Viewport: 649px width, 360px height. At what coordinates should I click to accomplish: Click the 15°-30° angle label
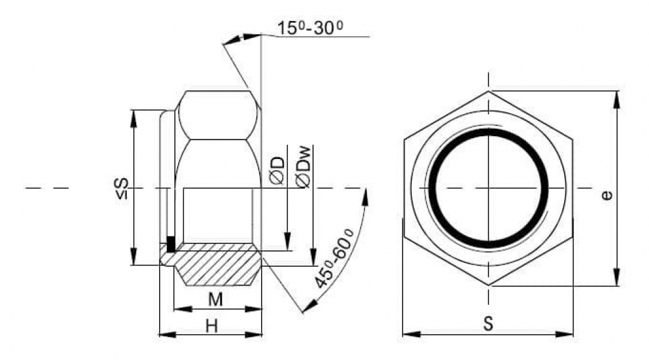point(309,28)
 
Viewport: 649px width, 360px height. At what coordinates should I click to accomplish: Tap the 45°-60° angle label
point(333,258)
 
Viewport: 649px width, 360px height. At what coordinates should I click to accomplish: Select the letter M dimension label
point(215,299)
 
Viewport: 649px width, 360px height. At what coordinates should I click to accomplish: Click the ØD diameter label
point(278,170)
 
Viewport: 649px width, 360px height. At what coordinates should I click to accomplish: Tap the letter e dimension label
point(607,195)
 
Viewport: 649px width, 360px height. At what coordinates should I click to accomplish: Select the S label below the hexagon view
point(489,323)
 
